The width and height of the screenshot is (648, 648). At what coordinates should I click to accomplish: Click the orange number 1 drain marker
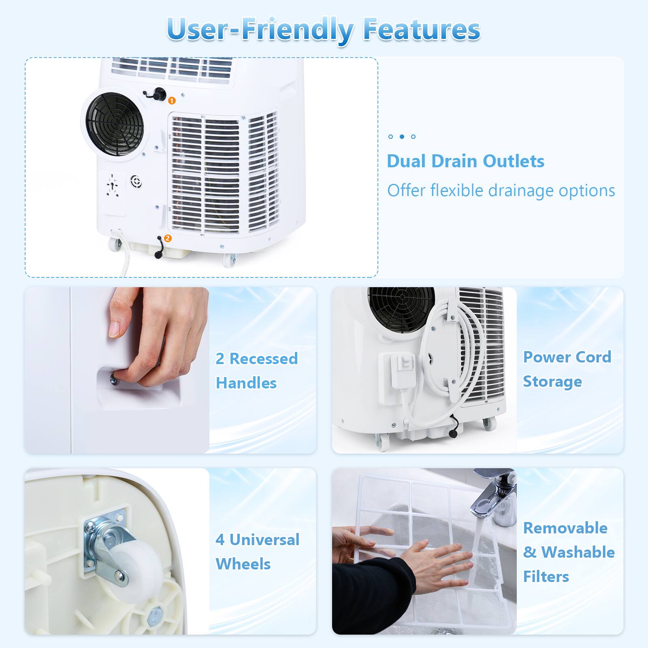tap(172, 100)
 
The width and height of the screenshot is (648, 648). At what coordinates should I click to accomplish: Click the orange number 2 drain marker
tap(168, 239)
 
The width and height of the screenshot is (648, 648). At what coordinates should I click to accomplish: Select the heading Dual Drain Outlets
tap(465, 161)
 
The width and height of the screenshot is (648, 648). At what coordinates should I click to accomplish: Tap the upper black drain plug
tap(159, 94)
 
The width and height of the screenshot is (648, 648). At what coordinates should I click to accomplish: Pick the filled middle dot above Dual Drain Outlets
tap(402, 136)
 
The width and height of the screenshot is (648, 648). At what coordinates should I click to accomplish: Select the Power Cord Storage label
tap(567, 369)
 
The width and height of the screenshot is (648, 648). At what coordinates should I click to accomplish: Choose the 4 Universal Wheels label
tap(257, 552)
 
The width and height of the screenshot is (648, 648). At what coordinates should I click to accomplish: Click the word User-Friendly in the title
tap(259, 29)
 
